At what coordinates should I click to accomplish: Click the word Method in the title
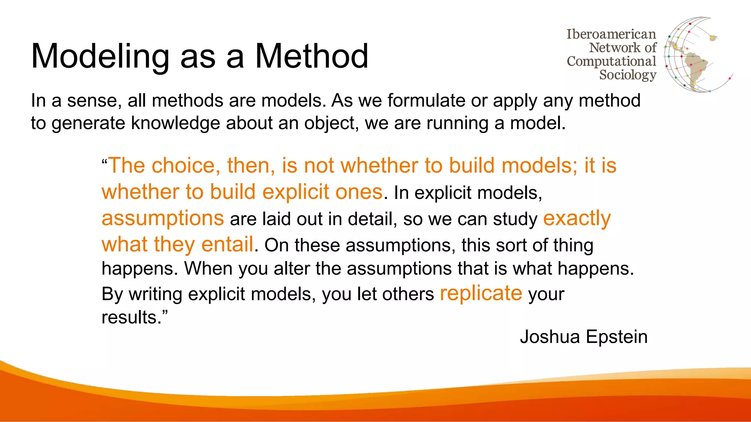(311, 56)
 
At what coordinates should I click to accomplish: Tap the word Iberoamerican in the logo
(611, 34)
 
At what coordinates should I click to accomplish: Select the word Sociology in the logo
(627, 75)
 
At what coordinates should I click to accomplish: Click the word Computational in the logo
(611, 62)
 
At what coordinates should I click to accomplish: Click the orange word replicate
(481, 293)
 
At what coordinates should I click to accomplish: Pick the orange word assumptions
(162, 218)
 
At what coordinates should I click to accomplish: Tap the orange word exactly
(576, 218)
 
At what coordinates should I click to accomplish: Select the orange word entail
(227, 244)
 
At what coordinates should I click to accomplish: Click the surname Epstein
(617, 337)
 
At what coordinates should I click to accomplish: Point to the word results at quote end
(132, 317)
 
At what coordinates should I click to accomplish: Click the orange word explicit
(296, 192)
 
